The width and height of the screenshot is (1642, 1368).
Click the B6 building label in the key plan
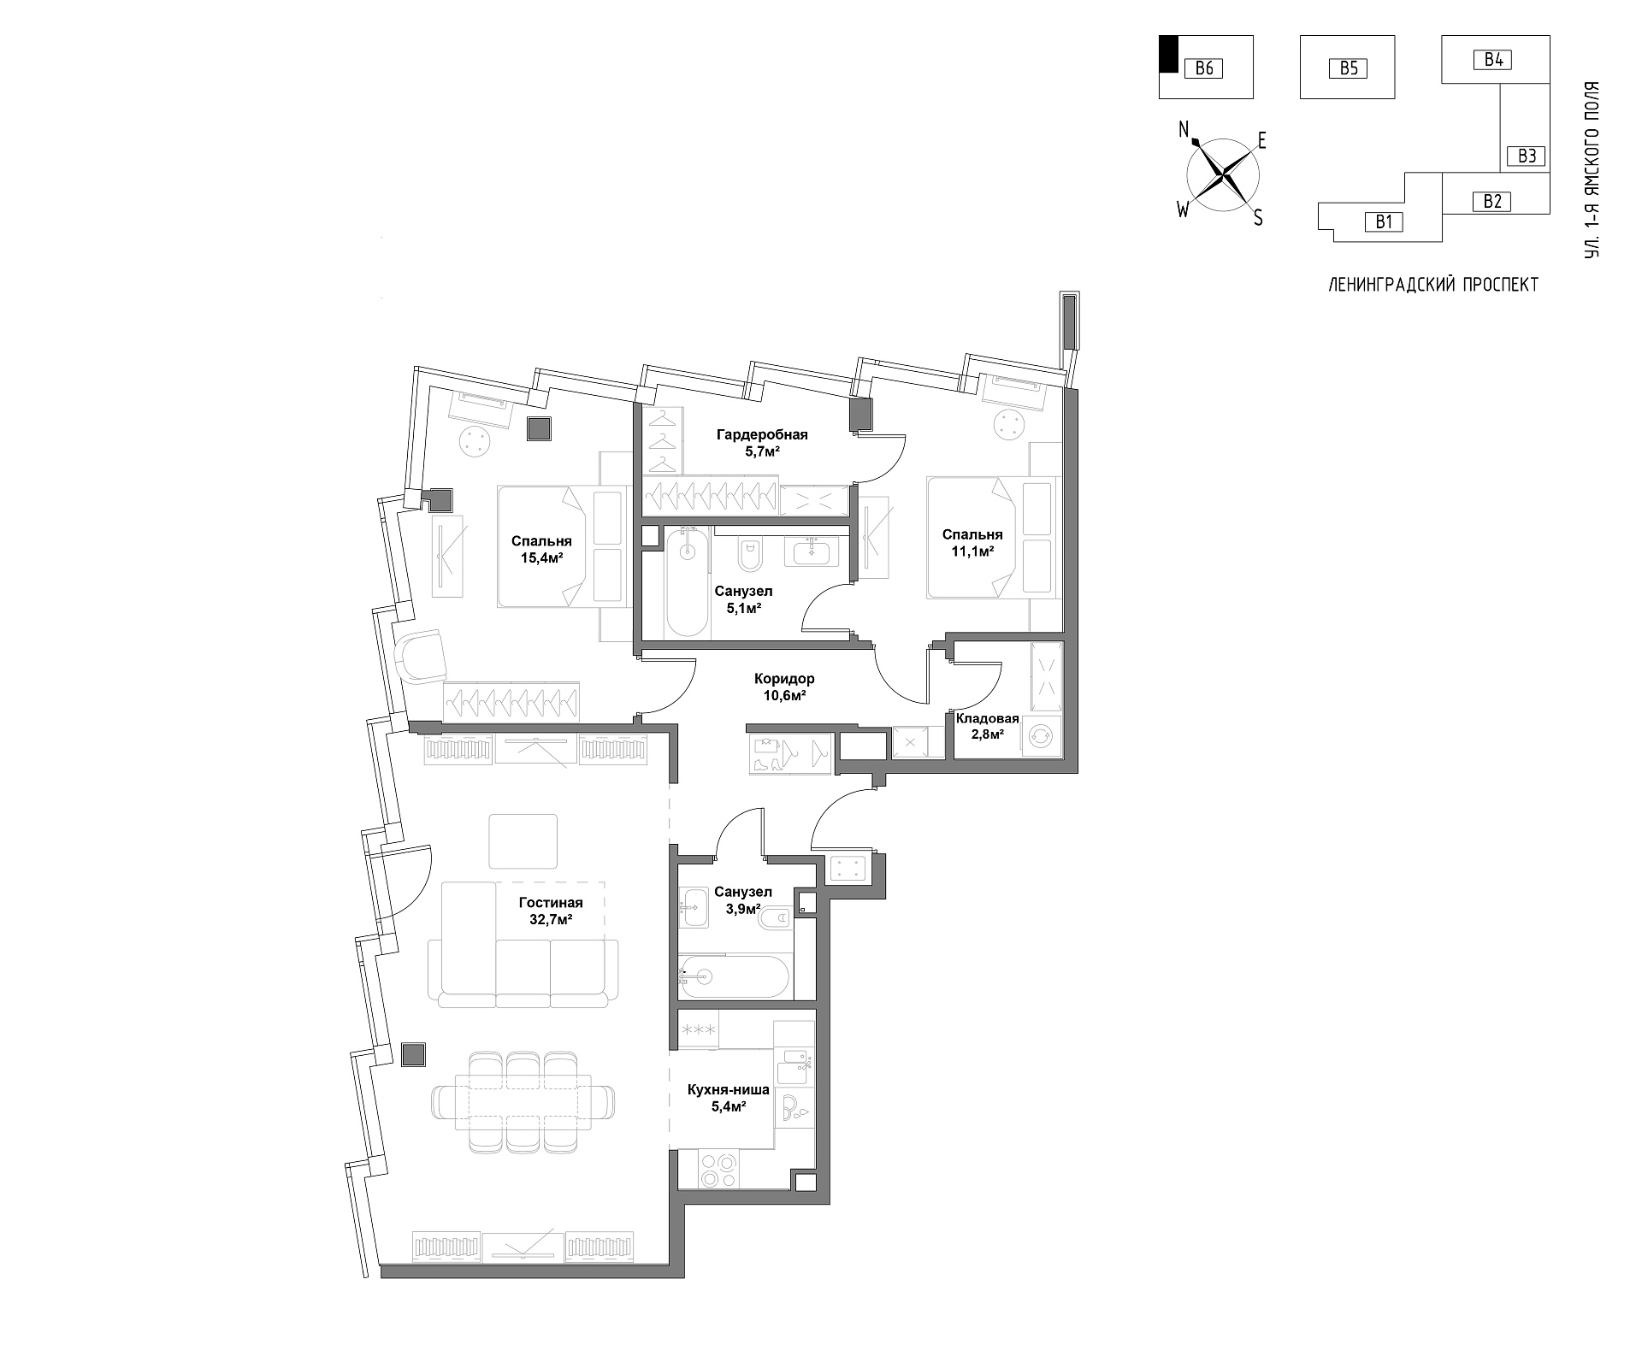point(1204,68)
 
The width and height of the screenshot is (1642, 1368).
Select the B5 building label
point(1348,68)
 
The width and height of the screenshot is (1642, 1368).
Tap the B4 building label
point(1493,60)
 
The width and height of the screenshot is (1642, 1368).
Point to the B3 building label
point(1527,156)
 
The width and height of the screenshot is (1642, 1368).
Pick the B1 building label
point(1384,222)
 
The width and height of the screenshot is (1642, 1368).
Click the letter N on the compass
point(1184,130)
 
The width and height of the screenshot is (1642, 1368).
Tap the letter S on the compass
point(1258,218)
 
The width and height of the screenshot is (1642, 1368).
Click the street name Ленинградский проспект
point(1433,285)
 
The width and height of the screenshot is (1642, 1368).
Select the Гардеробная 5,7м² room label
point(762,443)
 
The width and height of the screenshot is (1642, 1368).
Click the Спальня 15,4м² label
point(541,549)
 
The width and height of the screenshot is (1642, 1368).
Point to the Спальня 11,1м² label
point(972,543)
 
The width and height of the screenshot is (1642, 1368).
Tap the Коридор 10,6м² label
point(784,687)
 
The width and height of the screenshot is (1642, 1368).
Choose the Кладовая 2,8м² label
point(987,726)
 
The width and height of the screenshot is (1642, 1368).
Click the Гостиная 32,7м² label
point(551,911)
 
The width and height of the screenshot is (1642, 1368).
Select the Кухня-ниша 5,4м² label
point(729,1098)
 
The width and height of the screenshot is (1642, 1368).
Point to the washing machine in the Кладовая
point(1040,736)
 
